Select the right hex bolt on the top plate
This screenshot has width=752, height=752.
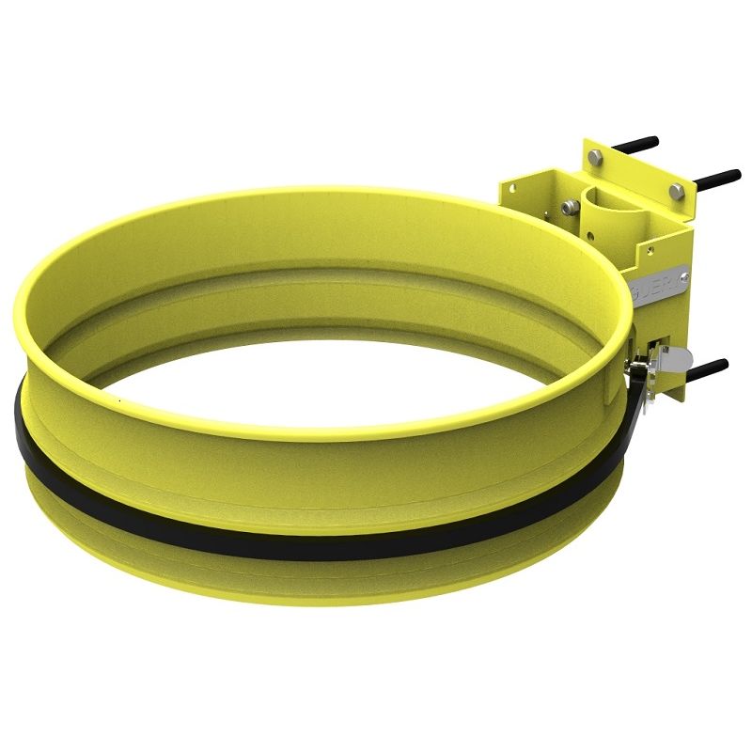tap(676, 192)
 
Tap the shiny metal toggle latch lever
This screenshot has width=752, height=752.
tap(671, 356)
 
